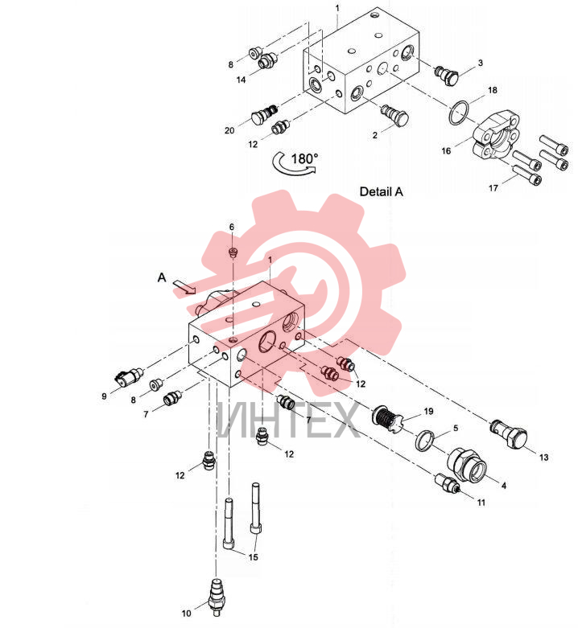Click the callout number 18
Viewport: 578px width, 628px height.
coord(492,90)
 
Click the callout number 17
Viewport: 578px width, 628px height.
coord(493,187)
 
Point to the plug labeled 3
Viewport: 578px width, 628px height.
coord(446,76)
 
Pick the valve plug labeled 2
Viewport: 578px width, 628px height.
coord(394,114)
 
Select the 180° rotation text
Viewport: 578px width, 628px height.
coord(304,158)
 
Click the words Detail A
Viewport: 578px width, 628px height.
coord(382,192)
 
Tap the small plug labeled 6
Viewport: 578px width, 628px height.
coord(232,252)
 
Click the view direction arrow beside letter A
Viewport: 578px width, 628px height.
coord(184,287)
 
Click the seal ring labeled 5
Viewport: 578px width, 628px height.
coord(424,441)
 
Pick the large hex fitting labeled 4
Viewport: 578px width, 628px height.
coord(467,466)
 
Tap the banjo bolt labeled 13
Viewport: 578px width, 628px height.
coord(509,434)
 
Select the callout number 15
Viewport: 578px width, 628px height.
coord(254,557)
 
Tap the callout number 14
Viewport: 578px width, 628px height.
coord(241,80)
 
